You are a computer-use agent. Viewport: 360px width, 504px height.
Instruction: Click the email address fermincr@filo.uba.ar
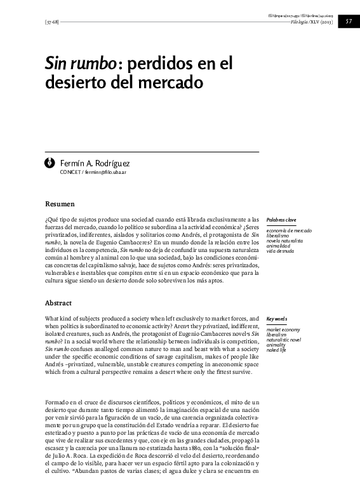point(105,173)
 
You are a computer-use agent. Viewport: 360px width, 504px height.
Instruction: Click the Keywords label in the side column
point(277,319)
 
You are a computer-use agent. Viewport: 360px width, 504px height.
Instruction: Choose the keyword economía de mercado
point(290,230)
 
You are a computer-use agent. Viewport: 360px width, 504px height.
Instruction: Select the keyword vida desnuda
point(280,251)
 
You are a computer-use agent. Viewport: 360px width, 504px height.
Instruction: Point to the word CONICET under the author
point(70,173)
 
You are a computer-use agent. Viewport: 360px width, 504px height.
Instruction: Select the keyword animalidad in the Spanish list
point(280,246)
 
